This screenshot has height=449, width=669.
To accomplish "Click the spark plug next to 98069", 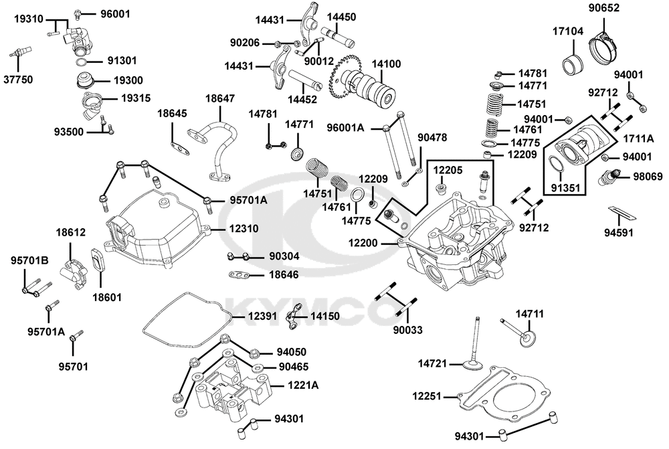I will (x=609, y=177).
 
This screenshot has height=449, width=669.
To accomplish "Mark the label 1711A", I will (x=638, y=139).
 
